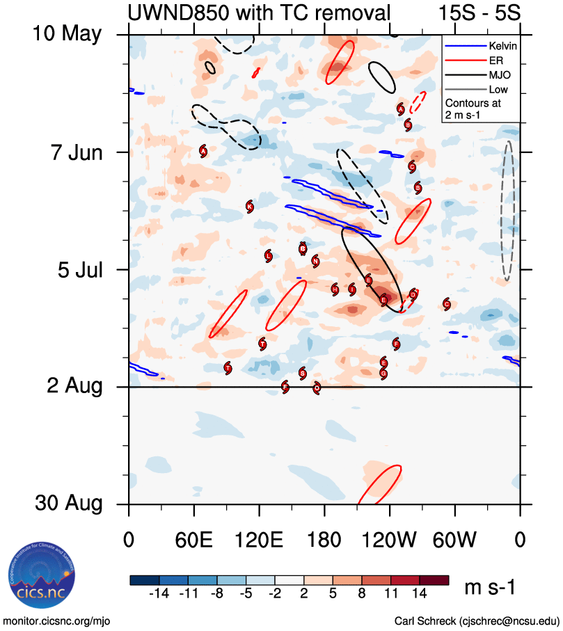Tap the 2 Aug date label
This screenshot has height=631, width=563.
pos(75,386)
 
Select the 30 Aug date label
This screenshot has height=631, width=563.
pos(70,504)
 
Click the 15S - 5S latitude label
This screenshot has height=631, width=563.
pos(479,12)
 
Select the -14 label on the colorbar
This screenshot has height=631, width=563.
pos(159,593)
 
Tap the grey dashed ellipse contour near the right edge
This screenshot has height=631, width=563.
pos(508,211)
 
